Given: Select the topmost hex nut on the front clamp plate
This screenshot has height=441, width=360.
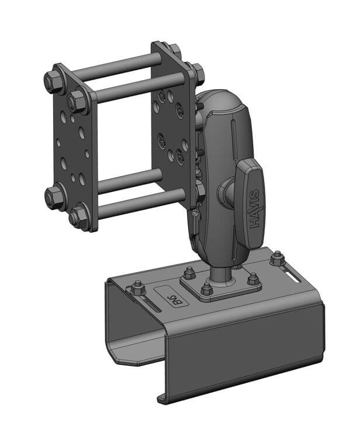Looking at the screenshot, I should tap(56, 81).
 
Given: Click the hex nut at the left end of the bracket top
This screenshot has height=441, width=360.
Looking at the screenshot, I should tap(137, 288).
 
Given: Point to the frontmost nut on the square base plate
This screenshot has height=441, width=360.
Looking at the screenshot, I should tap(206, 289).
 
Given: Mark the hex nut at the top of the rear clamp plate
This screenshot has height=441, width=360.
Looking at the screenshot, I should tap(173, 49).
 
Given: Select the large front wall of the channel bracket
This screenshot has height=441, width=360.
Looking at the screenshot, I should tap(245, 351).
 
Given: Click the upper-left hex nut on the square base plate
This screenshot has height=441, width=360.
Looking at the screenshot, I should tap(189, 273).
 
